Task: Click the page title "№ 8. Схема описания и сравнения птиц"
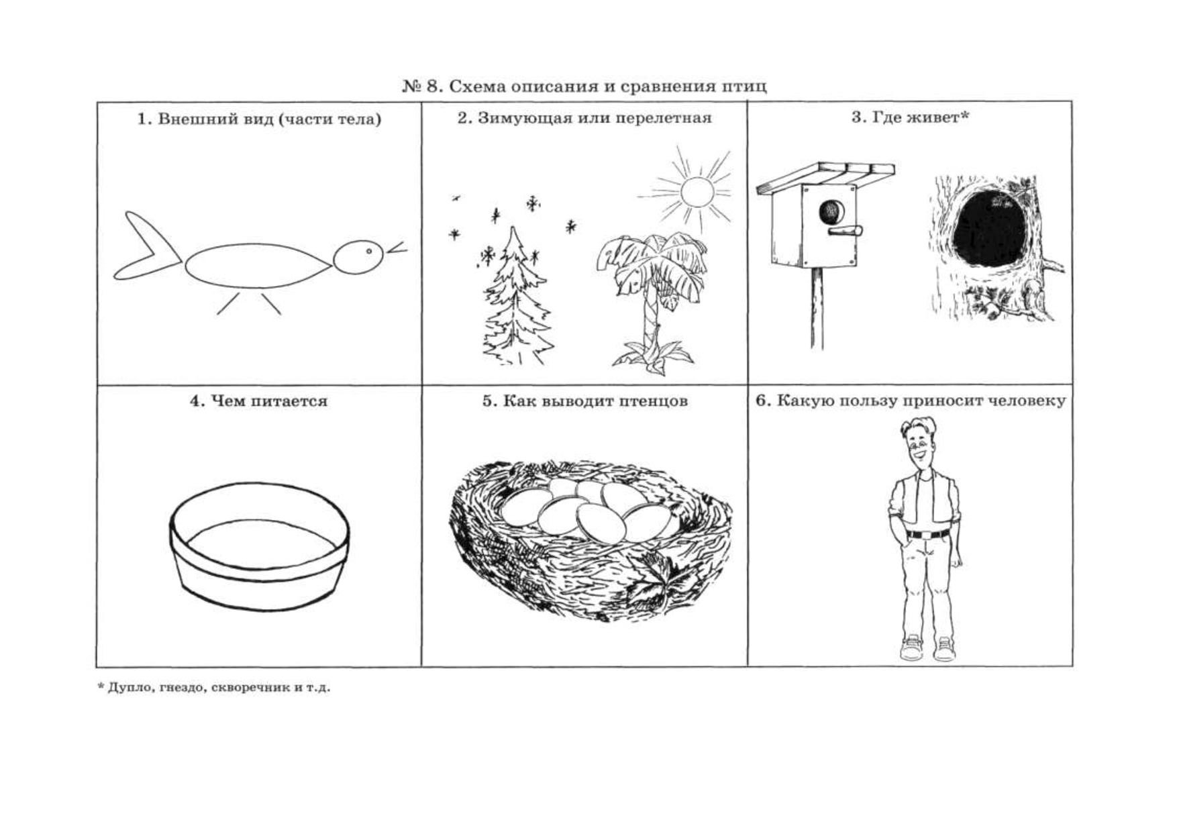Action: [584, 86]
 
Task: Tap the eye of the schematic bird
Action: [369, 252]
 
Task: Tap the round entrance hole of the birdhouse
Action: [831, 212]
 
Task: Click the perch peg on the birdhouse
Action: [845, 231]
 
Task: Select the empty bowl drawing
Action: [259, 546]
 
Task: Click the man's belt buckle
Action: [927, 535]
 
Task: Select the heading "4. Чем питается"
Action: [259, 401]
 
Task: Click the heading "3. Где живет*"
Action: [911, 118]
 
